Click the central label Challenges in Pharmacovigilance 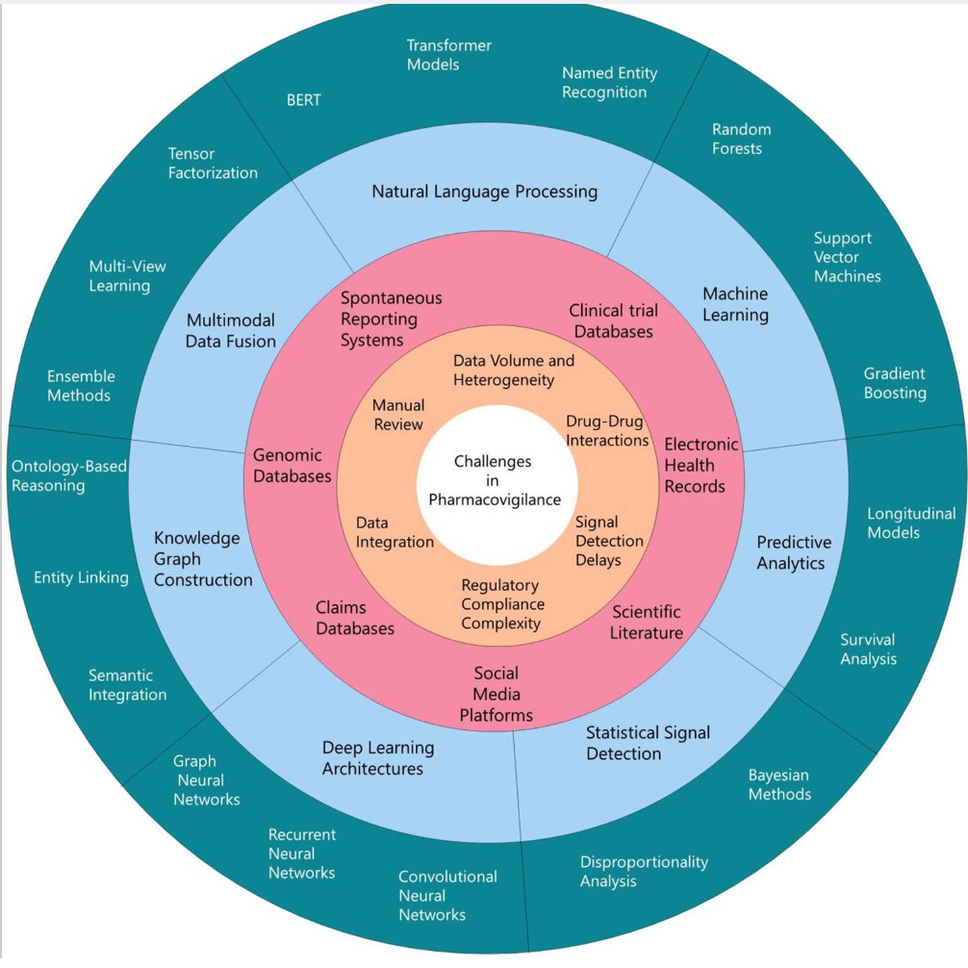[494, 480]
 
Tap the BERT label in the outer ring [304, 100]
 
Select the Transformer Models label [448, 55]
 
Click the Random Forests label [741, 139]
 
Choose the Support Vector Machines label [847, 257]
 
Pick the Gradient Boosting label [894, 383]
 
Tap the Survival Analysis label [868, 650]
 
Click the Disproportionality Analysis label [644, 871]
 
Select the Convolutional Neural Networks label [447, 895]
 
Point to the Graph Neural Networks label [206, 780]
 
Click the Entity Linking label [81, 577]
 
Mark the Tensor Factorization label [213, 164]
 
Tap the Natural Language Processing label [484, 191]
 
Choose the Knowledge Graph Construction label [203, 559]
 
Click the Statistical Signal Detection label [648, 743]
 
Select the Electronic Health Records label [701, 466]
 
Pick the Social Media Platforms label [496, 694]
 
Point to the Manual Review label [398, 416]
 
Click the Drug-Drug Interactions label [606, 431]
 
